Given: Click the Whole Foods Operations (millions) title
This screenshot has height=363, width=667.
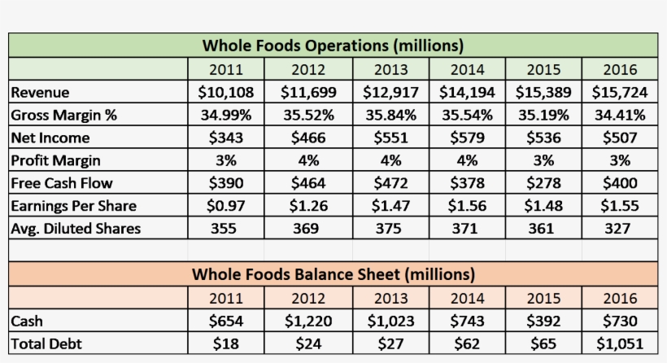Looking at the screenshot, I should (x=333, y=45).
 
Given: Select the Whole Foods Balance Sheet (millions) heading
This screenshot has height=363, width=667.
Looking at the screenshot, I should (x=333, y=273).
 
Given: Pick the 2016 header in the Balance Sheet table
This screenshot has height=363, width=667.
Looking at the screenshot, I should (x=620, y=298).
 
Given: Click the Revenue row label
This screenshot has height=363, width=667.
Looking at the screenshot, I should (x=41, y=92).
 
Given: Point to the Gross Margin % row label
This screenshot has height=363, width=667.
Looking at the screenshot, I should (x=64, y=115).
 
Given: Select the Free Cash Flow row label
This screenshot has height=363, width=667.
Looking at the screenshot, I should (x=62, y=183).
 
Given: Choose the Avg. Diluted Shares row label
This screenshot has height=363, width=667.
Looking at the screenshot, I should (x=76, y=229).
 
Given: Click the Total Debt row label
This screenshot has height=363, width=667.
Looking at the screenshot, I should (x=46, y=343).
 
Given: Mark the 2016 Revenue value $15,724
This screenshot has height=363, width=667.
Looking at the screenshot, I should (x=620, y=92).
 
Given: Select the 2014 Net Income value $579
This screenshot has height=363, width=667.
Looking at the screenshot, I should (x=466, y=138).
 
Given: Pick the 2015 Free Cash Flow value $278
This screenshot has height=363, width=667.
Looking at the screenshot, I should (x=543, y=183).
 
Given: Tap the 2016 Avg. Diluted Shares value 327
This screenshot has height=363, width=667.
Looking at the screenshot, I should (x=620, y=229).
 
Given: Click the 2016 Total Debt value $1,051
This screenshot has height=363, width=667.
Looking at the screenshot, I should (x=620, y=343).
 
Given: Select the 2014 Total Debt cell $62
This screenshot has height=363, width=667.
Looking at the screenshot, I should (x=466, y=343).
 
